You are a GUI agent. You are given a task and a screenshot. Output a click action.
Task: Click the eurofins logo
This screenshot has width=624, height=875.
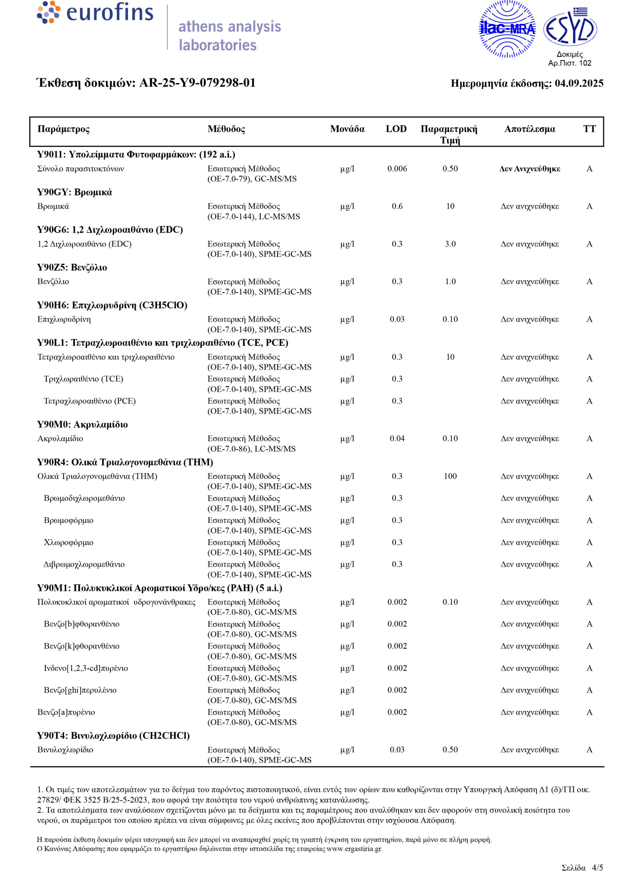pos(95,13)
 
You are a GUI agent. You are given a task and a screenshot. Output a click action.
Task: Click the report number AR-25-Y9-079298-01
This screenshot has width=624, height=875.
pos(197,83)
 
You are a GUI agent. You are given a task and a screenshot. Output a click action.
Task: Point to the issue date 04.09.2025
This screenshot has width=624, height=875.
pos(579,83)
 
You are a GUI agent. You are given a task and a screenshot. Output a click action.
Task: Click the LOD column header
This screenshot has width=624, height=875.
pos(396,129)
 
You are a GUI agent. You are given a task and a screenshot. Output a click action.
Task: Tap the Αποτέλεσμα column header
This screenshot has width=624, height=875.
pos(529,129)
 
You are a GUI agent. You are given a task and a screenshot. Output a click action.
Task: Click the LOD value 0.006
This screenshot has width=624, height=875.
pos(397,169)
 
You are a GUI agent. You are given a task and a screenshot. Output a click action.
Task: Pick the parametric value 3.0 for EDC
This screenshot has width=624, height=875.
pos(450,244)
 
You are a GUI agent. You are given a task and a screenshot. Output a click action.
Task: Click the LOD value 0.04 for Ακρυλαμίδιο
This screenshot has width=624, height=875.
pos(397,439)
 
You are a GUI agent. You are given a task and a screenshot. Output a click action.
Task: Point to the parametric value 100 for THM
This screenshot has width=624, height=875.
pos(450,476)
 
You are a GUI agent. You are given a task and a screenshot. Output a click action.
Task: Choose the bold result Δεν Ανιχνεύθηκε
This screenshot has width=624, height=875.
pos(529,169)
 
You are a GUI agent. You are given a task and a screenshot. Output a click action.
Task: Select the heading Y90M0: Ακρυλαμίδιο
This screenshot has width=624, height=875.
pos(82,424)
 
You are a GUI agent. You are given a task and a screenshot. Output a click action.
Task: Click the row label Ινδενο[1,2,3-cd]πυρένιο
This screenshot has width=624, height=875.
pos(86,668)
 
